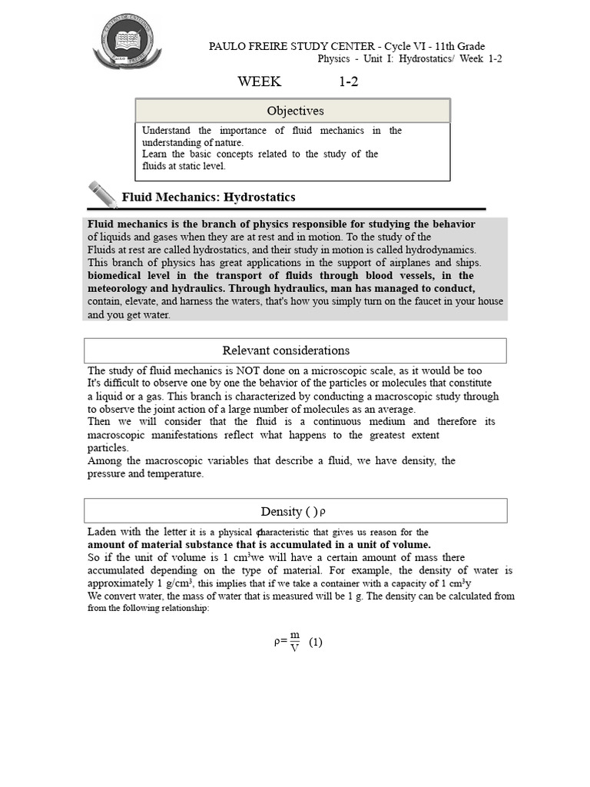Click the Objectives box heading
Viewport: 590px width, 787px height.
coord(294,111)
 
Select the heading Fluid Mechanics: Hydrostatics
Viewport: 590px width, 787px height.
coord(208,198)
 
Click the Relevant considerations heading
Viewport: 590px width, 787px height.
coord(286,350)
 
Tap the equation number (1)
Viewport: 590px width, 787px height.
coord(316,643)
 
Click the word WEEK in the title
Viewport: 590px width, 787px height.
coord(260,82)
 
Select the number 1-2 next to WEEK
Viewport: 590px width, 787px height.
coord(349,82)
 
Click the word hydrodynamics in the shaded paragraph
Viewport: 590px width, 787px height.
coord(440,250)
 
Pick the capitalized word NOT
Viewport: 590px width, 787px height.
coord(262,370)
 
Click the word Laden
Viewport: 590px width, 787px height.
coord(102,532)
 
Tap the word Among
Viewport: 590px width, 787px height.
coord(104,461)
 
